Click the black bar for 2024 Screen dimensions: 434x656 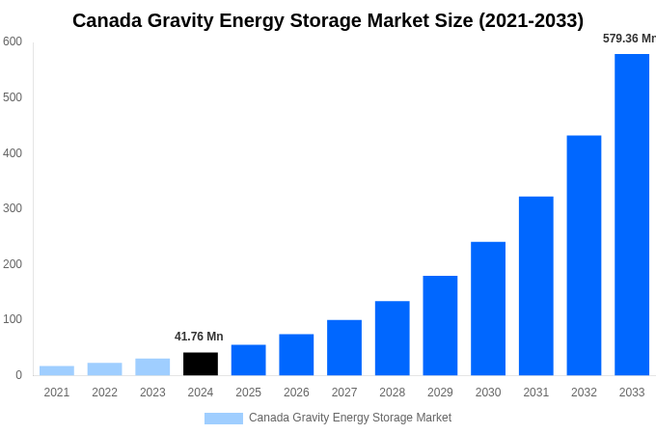point(201,364)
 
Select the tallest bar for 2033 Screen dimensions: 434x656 point(632,214)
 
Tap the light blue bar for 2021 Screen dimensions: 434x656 point(57,370)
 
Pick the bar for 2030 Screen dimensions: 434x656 point(488,309)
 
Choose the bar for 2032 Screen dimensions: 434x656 point(584,256)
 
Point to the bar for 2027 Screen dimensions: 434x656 point(344,347)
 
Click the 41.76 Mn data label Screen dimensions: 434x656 point(199,337)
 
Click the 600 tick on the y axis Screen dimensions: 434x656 point(13,41)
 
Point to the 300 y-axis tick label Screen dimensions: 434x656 point(13,208)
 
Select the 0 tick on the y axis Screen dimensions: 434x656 point(18,375)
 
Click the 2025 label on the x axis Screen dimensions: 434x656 point(249,393)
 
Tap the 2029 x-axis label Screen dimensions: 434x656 point(440,393)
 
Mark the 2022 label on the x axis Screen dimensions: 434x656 point(104,393)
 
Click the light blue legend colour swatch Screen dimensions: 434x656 point(223,419)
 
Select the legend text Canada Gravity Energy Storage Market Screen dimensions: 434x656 point(350,418)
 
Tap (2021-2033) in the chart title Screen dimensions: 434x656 point(531,20)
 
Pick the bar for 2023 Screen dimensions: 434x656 point(152,366)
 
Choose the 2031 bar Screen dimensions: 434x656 point(536,285)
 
